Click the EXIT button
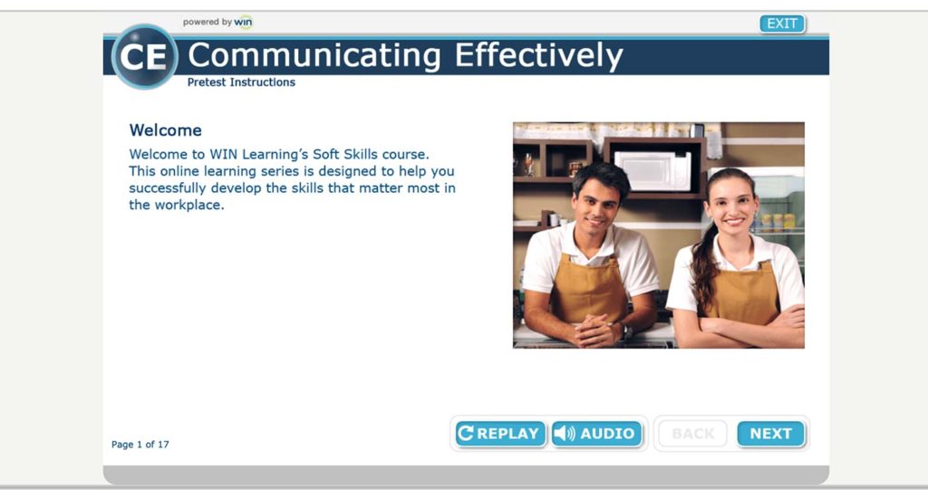click(x=782, y=24)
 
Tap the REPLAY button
click(x=500, y=434)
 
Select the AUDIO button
click(x=596, y=434)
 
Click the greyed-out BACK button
click(x=693, y=434)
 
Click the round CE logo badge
click(x=144, y=57)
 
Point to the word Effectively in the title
click(x=538, y=55)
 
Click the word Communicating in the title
click(x=314, y=55)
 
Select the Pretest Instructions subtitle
click(x=241, y=82)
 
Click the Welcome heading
click(x=166, y=130)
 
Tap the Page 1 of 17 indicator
click(x=140, y=445)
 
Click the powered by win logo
click(x=217, y=23)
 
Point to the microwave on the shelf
click(x=652, y=170)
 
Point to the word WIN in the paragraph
click(x=223, y=155)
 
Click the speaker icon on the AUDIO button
click(x=564, y=434)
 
